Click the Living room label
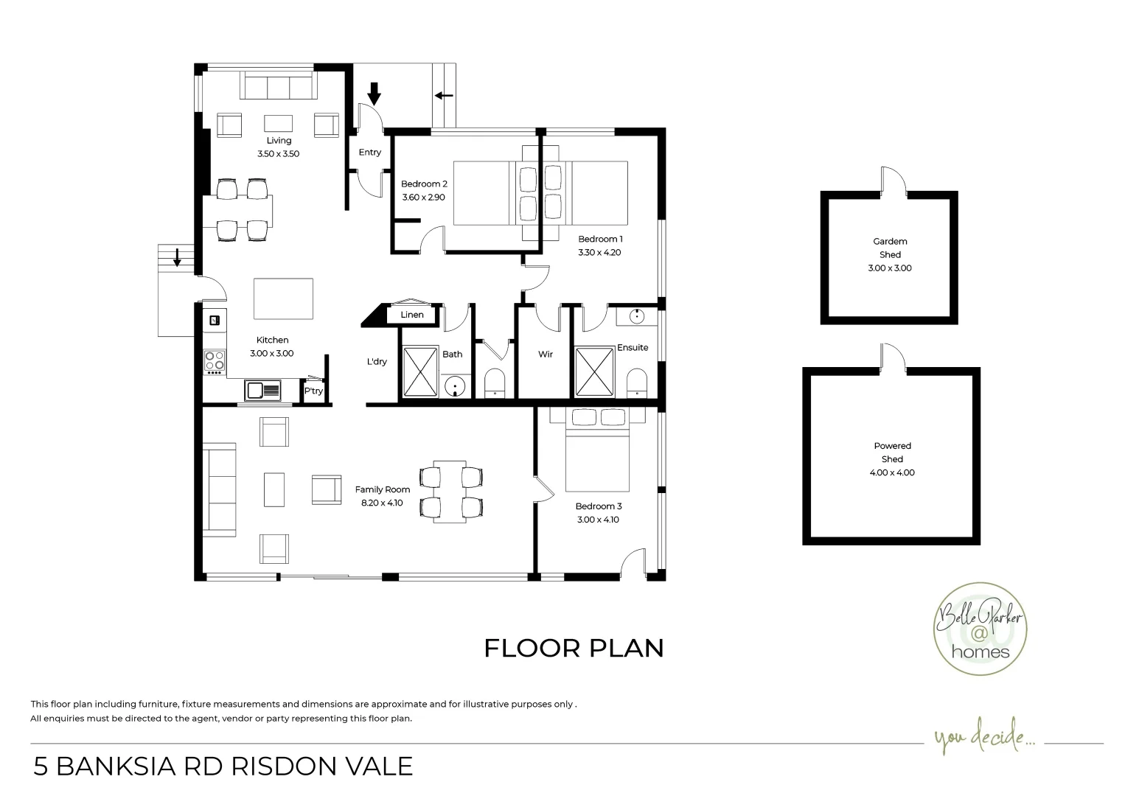[x=279, y=141]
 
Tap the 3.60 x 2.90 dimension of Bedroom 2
[x=423, y=198]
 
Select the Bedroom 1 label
[x=600, y=239]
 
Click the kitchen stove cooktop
[x=215, y=361]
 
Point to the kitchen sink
[x=262, y=390]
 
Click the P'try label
[x=314, y=391]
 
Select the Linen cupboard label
[x=412, y=315]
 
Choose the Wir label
[x=546, y=355]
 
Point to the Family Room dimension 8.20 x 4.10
[x=382, y=503]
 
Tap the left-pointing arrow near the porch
[x=444, y=95]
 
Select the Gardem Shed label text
[x=890, y=248]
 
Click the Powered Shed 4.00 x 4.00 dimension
[x=892, y=472]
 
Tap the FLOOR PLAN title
[x=574, y=648]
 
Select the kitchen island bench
[x=283, y=298]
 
